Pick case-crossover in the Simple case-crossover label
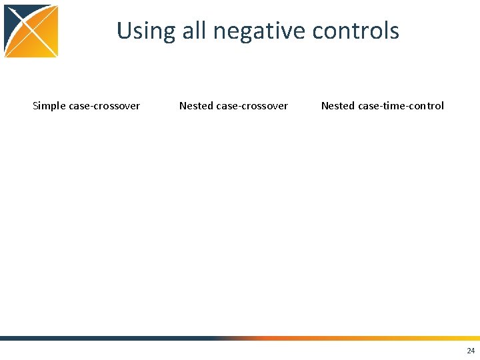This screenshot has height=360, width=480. [105, 106]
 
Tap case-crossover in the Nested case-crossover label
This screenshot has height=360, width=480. [252, 106]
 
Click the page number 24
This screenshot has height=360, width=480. [471, 351]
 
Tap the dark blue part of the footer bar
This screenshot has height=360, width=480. [100, 338]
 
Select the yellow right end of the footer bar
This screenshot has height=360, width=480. [453, 338]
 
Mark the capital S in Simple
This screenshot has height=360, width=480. [35, 106]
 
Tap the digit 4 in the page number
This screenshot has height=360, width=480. [473, 351]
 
